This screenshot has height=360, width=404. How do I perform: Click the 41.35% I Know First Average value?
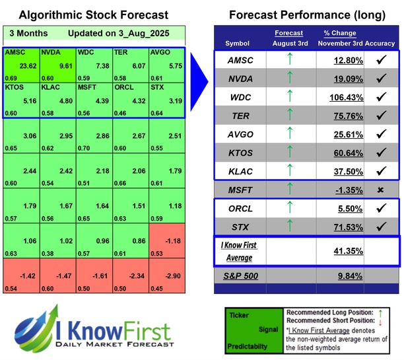coord(343,251)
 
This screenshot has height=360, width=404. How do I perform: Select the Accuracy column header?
coord(380,44)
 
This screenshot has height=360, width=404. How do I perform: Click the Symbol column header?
coord(238,44)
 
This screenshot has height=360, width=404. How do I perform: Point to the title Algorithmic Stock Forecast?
coord(93,15)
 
